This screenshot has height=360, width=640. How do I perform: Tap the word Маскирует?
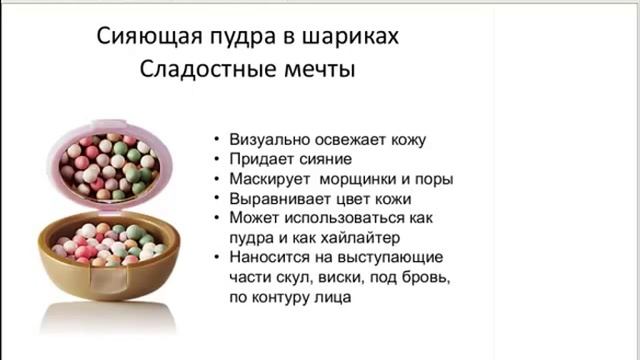click(269, 179)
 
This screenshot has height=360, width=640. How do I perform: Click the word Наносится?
click(267, 257)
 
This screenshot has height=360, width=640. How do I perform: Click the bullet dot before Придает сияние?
click(217, 160)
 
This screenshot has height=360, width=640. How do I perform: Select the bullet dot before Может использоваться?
click(217, 218)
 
